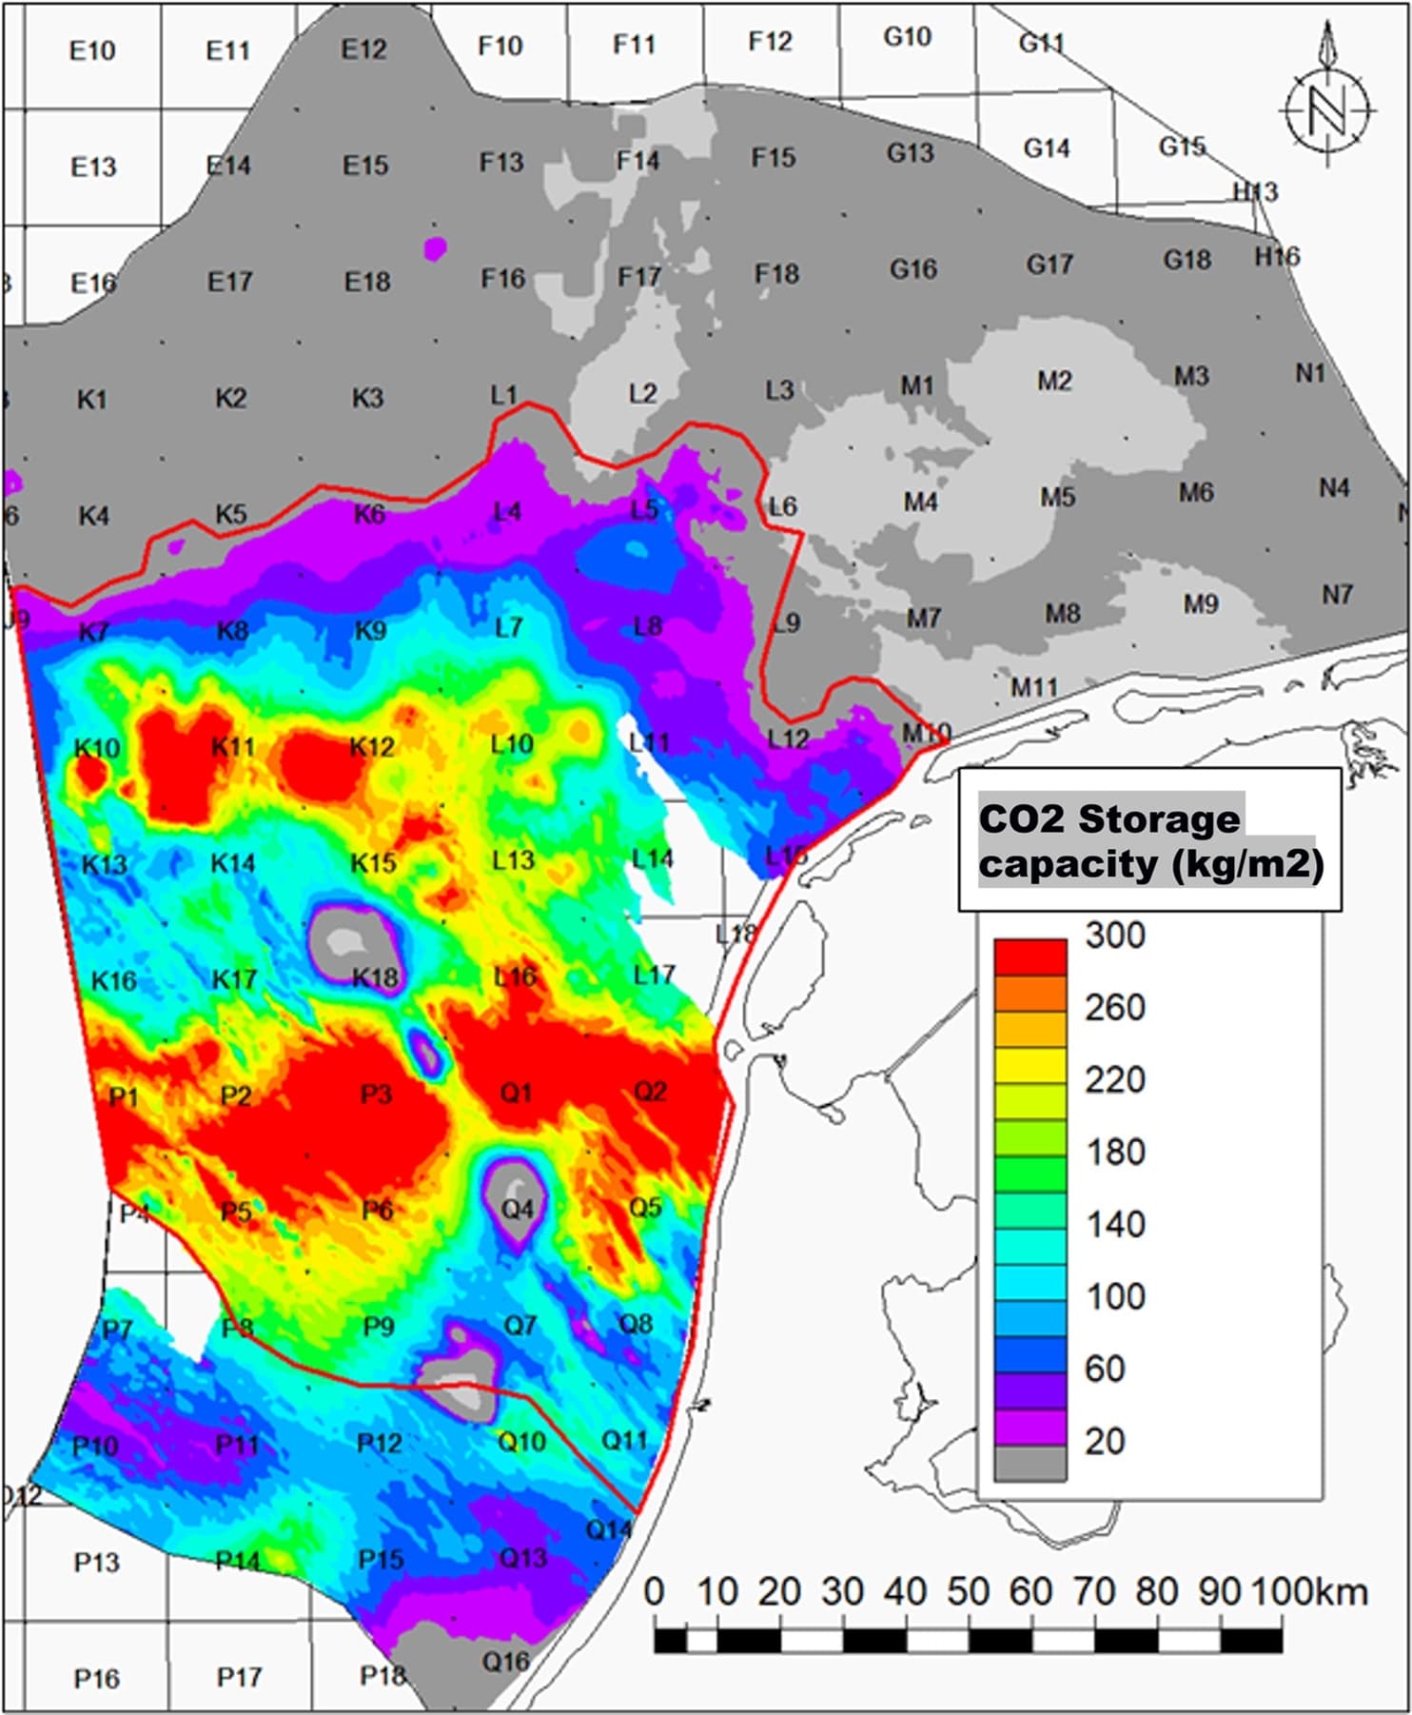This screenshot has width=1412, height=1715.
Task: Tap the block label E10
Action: pos(92,50)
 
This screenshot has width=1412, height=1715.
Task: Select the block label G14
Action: pos(1046,148)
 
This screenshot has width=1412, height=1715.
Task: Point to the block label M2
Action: pos(1054,382)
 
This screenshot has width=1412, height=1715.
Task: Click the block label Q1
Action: pos(516,1093)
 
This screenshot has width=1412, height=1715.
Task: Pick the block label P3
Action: pos(376,1094)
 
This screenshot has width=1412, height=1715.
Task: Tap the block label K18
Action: pos(375,977)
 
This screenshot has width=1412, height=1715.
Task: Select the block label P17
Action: pos(239,1677)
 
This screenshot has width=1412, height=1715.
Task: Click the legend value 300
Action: pos(1115,936)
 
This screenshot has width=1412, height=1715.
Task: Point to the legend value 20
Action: pos(1105,1442)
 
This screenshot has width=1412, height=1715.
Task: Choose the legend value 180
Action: pos(1115,1153)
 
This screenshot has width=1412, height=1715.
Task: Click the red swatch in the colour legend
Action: pos(1030,956)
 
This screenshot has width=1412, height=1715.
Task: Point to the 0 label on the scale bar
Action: pos(654,1591)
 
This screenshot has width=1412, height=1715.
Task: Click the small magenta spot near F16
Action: pos(435,249)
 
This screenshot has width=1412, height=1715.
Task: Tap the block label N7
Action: pos(1337,595)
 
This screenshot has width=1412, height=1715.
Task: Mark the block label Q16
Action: pos(505,1662)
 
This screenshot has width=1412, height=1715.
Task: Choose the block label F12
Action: pos(770,42)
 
